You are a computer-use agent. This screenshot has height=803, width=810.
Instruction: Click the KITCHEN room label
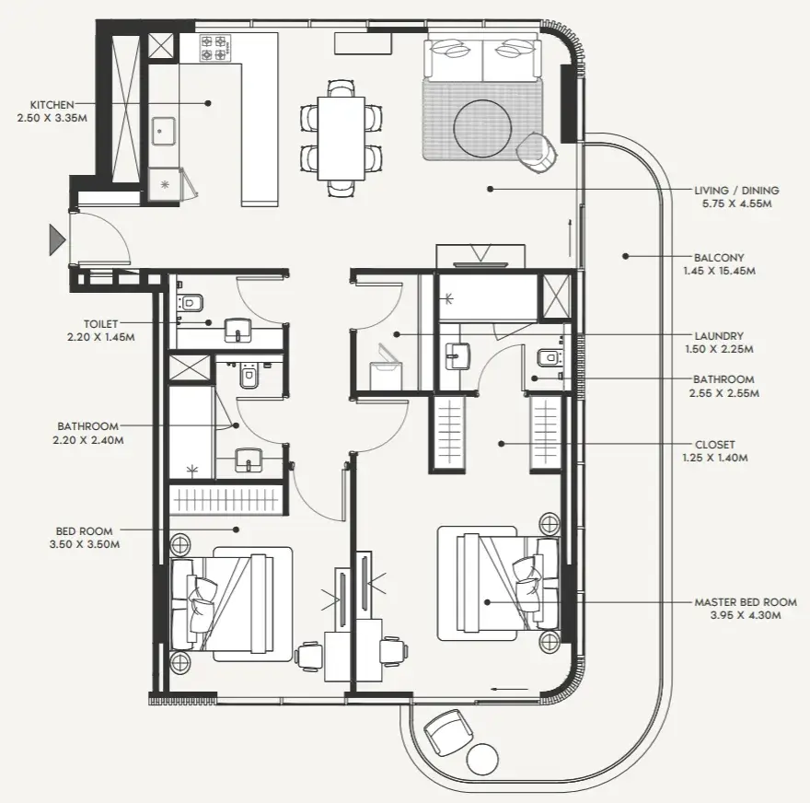(x=52, y=105)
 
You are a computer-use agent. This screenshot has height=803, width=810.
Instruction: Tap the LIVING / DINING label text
(x=736, y=191)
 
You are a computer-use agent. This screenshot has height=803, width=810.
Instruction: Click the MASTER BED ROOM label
(x=745, y=602)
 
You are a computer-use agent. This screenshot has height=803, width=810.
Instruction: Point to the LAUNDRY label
(x=719, y=336)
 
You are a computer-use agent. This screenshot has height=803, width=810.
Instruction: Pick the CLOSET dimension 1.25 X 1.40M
(x=715, y=458)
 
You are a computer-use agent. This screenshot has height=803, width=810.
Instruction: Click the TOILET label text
(x=100, y=324)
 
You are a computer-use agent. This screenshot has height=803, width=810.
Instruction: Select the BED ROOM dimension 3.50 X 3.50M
(x=85, y=544)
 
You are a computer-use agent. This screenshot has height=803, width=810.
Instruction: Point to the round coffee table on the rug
(x=482, y=129)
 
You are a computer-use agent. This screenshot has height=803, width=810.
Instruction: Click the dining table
(x=341, y=138)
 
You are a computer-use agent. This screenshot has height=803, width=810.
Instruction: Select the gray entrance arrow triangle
(x=57, y=239)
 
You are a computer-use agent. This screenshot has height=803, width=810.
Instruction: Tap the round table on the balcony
(x=482, y=759)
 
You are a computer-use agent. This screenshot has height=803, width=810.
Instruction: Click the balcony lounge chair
(x=447, y=732)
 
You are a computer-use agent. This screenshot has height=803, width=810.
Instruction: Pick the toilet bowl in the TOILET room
(x=191, y=302)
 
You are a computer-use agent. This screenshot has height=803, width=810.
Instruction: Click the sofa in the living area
(x=482, y=58)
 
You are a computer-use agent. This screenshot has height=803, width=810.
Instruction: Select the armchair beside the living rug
(x=538, y=150)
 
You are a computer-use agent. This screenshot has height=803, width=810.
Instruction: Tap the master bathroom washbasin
(x=457, y=355)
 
